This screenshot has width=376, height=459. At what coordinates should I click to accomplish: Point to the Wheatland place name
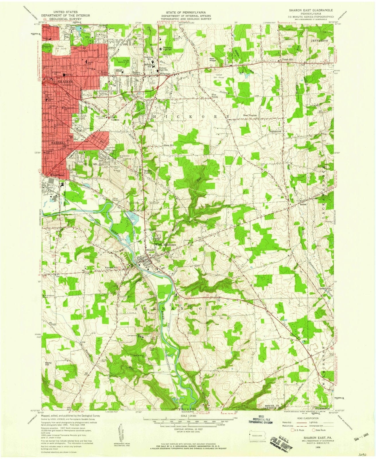(56, 175)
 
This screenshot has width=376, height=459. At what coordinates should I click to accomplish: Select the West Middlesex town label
(165, 244)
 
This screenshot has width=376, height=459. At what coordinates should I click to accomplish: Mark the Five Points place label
(215, 96)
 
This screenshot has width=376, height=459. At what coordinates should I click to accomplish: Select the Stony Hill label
(48, 364)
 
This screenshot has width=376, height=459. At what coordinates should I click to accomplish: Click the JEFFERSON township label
(320, 41)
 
